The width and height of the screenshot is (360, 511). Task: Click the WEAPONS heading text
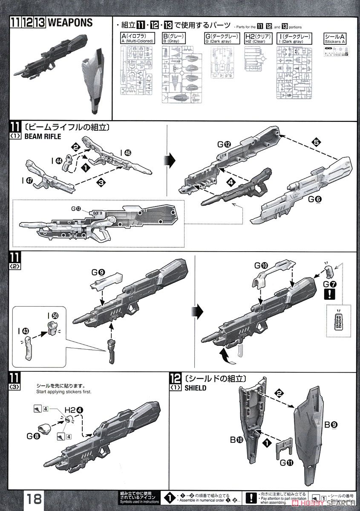pos(71,23)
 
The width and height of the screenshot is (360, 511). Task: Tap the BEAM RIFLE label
pos(43,137)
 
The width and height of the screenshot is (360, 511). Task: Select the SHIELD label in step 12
pos(196,388)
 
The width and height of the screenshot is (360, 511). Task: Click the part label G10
pos(261,265)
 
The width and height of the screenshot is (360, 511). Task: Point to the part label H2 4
pos(73,410)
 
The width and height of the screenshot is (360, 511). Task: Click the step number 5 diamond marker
pos(316,143)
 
